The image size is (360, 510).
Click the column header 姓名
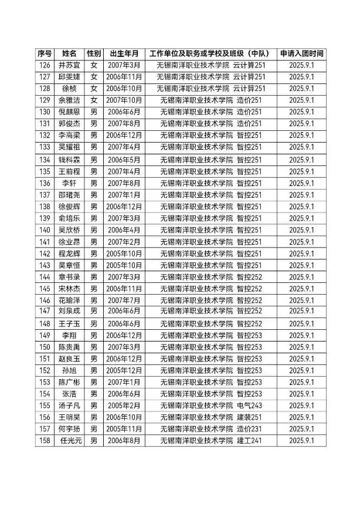[x=69, y=53]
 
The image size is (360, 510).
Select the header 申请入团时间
[x=302, y=53]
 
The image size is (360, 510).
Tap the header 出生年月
[x=124, y=53]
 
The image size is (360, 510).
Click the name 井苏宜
[x=69, y=65]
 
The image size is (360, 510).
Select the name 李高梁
[x=69, y=136]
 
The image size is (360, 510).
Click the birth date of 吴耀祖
[x=124, y=147]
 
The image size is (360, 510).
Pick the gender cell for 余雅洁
[x=94, y=100]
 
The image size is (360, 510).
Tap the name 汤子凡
[x=69, y=406]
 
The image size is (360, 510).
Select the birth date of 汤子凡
[x=124, y=406]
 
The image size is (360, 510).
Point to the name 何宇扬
[x=69, y=429]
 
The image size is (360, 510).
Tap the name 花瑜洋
[x=69, y=300]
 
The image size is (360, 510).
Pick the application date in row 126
[x=302, y=65]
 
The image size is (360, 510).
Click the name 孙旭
[x=69, y=370]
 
